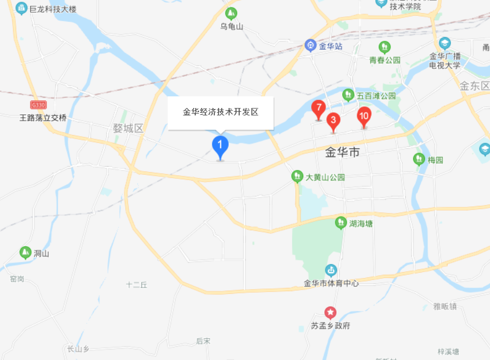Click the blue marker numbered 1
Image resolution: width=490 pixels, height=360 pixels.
[x=220, y=146]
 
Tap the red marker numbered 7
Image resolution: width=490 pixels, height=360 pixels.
[x=318, y=109]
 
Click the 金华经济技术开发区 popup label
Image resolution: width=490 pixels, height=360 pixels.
[x=220, y=112]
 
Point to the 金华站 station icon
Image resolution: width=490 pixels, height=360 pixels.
[x=311, y=46]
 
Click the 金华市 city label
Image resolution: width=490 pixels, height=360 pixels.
[x=342, y=153]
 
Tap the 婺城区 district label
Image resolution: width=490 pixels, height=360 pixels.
[x=128, y=128]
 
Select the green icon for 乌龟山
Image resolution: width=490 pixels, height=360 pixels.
[x=231, y=13]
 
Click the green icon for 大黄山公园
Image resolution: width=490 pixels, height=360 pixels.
[x=297, y=177]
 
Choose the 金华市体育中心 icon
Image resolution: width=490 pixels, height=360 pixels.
[x=331, y=271]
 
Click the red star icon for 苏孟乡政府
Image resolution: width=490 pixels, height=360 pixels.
[x=330, y=313]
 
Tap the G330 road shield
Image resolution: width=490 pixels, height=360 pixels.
[x=39, y=105]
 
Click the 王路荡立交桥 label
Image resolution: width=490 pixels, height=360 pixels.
[x=43, y=118]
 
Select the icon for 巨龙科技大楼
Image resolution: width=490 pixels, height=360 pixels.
[x=21, y=8]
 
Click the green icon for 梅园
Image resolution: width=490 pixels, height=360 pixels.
[x=419, y=159]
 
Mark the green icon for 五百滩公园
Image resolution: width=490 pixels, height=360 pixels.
[x=348, y=95]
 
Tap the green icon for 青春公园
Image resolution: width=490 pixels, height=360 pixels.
[x=385, y=47]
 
